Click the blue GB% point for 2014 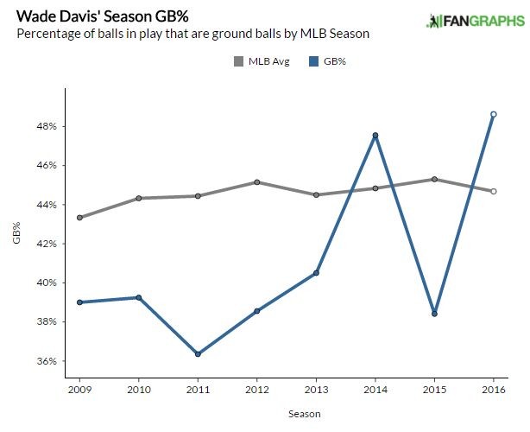click(375, 135)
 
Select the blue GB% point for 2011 click(199, 354)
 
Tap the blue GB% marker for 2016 click(493, 114)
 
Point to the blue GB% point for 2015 click(434, 314)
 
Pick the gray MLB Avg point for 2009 click(80, 218)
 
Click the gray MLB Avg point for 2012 click(257, 182)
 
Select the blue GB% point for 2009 click(80, 302)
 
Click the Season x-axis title click(287, 414)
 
